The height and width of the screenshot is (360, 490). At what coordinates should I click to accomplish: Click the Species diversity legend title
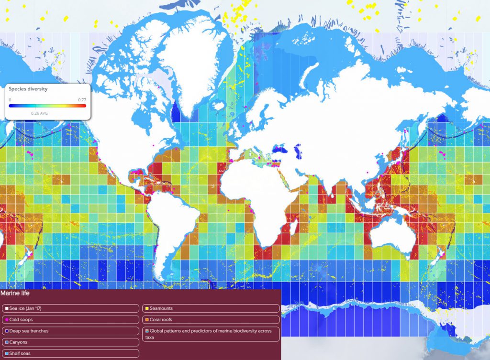tap(28, 89)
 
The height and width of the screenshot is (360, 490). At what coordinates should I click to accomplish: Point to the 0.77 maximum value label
tap(82, 100)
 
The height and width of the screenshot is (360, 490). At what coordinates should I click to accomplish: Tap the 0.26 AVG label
tap(38, 113)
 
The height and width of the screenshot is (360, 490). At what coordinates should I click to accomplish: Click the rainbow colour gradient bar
tap(47, 106)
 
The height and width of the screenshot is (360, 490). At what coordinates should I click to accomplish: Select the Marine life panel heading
tap(15, 293)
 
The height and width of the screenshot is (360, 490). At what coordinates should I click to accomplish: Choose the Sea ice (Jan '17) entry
tap(29, 309)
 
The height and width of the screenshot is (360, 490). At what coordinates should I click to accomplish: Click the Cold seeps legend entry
tap(21, 320)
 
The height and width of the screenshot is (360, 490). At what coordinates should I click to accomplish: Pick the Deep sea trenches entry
tap(29, 331)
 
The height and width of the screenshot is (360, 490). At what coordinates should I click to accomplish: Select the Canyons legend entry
tap(18, 342)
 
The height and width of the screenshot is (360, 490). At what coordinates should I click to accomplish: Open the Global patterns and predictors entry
tap(211, 334)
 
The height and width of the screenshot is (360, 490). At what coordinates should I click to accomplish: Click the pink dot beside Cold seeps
tap(6, 320)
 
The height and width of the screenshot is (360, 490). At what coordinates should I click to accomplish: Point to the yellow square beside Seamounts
tap(146, 309)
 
